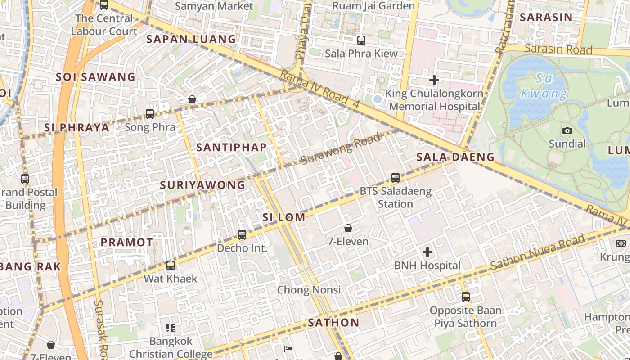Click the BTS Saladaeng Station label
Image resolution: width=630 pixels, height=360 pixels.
coord(395,198)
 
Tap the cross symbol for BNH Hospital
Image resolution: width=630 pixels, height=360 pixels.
coord(427,252)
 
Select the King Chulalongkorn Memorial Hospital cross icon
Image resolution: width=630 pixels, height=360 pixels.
coord(434,81)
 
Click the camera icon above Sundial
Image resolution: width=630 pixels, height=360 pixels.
coord(567,130)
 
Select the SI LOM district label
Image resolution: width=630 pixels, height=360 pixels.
coord(283,217)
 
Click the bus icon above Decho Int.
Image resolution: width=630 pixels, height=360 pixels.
coord(242,234)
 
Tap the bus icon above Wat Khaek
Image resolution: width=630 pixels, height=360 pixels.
coord(170,265)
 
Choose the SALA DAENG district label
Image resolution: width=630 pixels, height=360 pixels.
coord(455,157)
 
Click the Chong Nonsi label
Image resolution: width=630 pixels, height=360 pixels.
coord(309,290)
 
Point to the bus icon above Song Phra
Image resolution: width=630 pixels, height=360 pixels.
coord(150,114)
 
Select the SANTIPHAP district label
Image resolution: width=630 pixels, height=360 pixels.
coord(231,147)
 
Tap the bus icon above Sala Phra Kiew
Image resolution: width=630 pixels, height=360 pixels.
coord(361,40)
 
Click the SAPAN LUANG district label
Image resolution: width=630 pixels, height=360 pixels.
coord(191,39)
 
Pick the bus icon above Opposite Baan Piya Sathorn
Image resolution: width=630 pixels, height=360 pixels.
coord(465,297)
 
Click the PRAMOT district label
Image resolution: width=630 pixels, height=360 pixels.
coord(126,242)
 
